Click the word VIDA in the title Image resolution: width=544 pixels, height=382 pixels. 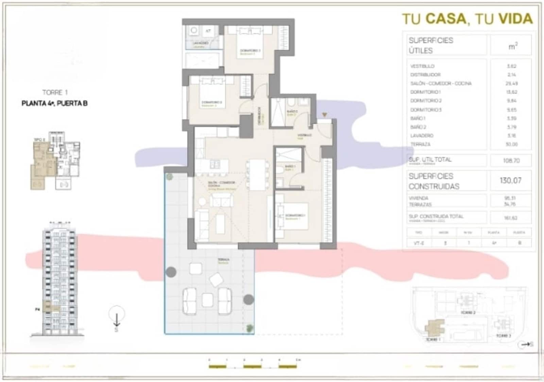pyautogui.click(x=515, y=19)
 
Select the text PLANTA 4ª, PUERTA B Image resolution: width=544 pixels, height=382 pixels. pyautogui.click(x=54, y=103)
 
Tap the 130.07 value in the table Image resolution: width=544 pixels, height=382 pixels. pyautogui.click(x=510, y=180)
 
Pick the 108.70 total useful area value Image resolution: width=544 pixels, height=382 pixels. pyautogui.click(x=511, y=160)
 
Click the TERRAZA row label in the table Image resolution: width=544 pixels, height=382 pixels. pyautogui.click(x=421, y=144)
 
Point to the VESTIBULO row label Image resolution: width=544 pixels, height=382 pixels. pyautogui.click(x=422, y=66)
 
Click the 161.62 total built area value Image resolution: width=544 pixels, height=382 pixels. pyautogui.click(x=511, y=218)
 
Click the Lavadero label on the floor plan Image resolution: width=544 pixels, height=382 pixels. pyautogui.click(x=201, y=44)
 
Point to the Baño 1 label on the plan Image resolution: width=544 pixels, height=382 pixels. pyautogui.click(x=290, y=167)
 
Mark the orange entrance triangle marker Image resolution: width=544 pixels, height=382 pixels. pyautogui.click(x=325, y=115)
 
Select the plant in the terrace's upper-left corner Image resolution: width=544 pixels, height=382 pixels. pyautogui.click(x=169, y=177)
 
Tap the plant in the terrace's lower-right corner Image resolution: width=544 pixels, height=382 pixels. pyautogui.click(x=250, y=328)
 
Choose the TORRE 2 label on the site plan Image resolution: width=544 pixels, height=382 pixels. pyautogui.click(x=468, y=313)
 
